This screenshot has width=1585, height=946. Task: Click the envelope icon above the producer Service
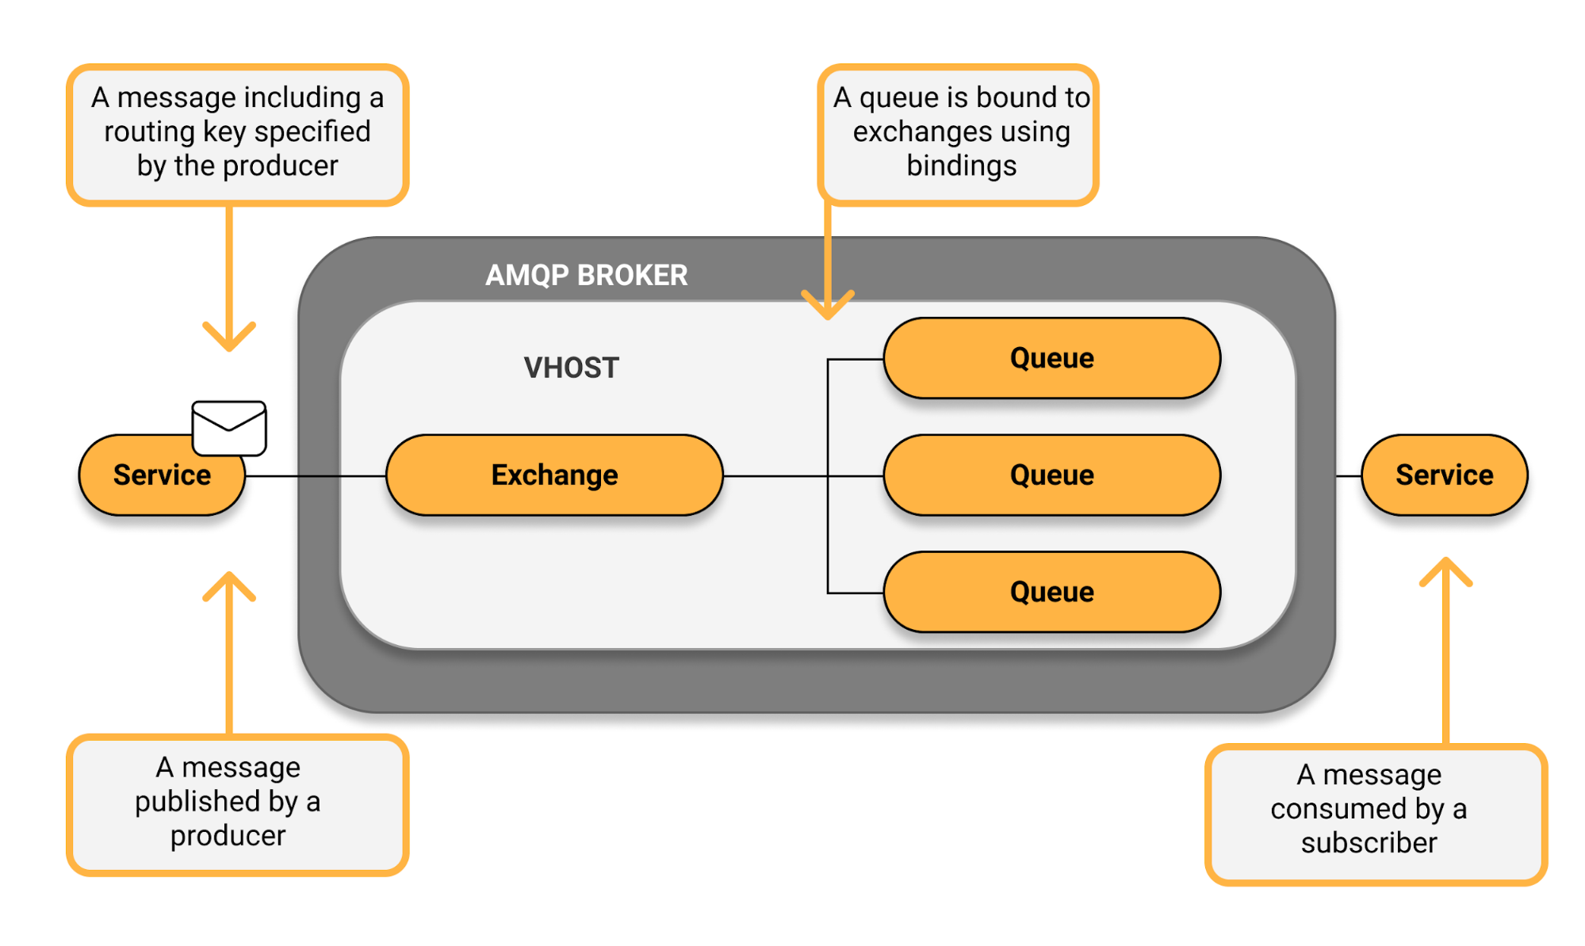tap(229, 428)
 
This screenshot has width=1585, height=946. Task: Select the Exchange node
tap(554, 475)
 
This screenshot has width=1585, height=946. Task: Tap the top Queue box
tap(1051, 358)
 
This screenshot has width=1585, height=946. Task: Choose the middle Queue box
tap(1051, 475)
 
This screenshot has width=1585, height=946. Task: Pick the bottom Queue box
tap(1051, 592)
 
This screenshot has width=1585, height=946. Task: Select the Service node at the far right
tap(1444, 475)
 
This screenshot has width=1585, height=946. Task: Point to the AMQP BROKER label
tap(586, 275)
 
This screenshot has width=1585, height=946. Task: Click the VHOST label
tap(571, 368)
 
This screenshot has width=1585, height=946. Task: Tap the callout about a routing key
tap(237, 133)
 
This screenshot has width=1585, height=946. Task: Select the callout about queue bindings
tap(959, 133)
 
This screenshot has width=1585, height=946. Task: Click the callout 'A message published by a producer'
tap(237, 803)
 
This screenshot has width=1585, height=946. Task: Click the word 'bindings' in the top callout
tap(961, 166)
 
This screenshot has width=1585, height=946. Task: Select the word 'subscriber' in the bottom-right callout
tap(1369, 843)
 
